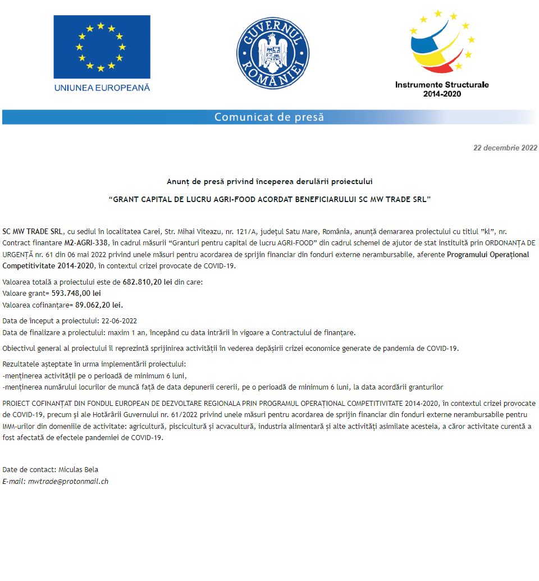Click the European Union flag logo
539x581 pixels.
pyautogui.click(x=102, y=47)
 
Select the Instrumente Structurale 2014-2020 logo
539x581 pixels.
pyautogui.click(x=441, y=54)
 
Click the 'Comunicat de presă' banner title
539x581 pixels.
pyautogui.click(x=269, y=117)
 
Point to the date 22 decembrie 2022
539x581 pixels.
pyautogui.click(x=505, y=148)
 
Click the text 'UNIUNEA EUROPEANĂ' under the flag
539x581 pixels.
pyautogui.click(x=102, y=88)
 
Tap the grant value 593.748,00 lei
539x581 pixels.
pyautogui.click(x=76, y=294)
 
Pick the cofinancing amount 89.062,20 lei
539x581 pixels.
pyautogui.click(x=99, y=305)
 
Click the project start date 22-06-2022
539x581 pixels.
pyautogui.click(x=119, y=322)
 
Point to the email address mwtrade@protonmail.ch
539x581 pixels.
pyautogui.click(x=68, y=481)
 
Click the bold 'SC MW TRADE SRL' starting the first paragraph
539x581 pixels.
pyautogui.click(x=33, y=231)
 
